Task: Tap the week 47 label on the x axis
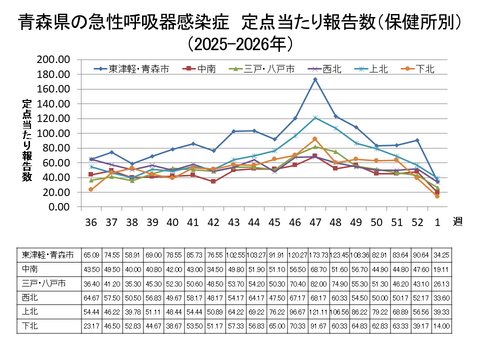coord(314,220)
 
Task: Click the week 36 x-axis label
coord(91,220)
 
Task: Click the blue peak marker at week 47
coord(314,80)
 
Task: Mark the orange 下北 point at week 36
coord(91,189)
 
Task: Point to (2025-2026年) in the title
coord(240,43)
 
